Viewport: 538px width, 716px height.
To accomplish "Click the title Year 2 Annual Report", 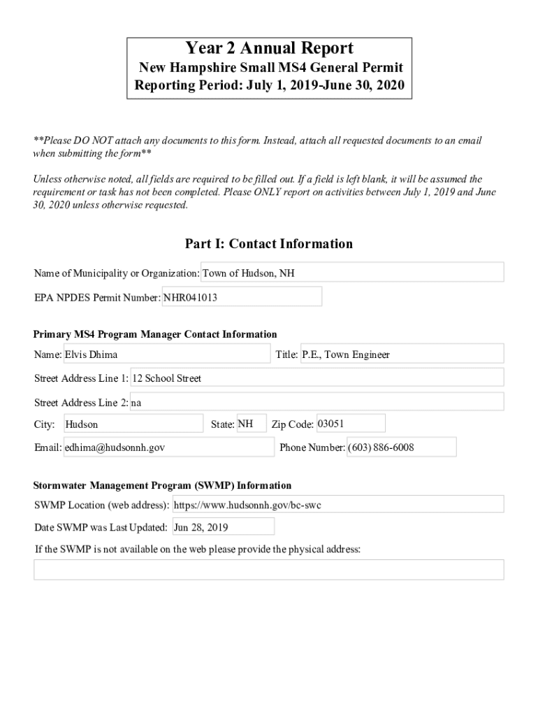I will click(269, 48).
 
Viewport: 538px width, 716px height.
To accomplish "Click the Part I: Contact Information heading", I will click(269, 244).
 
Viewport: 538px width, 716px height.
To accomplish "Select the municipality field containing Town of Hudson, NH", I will click(352, 273).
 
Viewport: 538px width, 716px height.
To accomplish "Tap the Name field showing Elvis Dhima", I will click(166, 355).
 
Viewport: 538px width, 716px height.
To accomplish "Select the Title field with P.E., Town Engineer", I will click(402, 355).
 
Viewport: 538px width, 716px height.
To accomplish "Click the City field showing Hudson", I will click(133, 424).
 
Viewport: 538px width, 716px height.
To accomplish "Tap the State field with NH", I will click(252, 424).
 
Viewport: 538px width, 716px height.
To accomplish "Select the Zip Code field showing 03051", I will click(350, 424).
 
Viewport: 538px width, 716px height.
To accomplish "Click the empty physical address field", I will click(269, 570).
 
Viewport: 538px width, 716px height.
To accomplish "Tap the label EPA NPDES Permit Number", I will click(97, 298).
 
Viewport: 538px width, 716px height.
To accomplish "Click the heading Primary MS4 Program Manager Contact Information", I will click(155, 334).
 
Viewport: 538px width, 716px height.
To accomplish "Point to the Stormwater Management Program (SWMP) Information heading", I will click(163, 485).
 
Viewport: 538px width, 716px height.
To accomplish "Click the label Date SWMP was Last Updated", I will click(101, 527).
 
